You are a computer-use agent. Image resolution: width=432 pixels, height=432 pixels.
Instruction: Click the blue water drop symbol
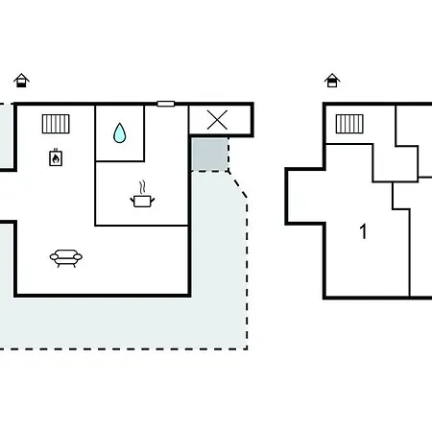[x=120, y=132]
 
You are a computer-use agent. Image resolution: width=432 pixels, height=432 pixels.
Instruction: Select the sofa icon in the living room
[x=66, y=258]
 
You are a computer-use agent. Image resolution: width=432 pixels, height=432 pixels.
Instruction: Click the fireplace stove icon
[x=56, y=157]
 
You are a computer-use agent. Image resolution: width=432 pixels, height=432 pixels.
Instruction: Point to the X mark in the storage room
[x=217, y=120]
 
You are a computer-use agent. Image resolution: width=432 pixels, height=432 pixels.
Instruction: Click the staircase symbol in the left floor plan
[x=56, y=124]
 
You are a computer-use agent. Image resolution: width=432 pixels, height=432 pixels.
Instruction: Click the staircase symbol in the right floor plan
[x=349, y=124]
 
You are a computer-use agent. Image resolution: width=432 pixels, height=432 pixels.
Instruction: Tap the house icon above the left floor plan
[x=21, y=81]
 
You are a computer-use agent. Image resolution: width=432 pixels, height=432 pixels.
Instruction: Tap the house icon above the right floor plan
[x=332, y=81]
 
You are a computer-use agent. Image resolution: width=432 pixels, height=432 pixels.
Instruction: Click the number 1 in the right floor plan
[x=363, y=231]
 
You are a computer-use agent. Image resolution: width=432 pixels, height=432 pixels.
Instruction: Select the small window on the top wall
[x=166, y=104]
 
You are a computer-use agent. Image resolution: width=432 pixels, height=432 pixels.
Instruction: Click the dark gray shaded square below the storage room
[x=210, y=155]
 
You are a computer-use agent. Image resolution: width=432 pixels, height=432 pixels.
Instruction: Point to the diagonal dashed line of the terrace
[x=238, y=185]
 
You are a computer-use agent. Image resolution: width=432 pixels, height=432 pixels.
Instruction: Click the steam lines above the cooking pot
[x=142, y=187]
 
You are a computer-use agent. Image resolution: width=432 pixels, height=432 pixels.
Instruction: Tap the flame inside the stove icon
[x=56, y=158]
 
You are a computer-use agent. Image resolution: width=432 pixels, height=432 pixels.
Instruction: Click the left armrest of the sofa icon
[x=54, y=256]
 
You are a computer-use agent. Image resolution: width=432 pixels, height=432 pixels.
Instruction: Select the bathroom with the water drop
[x=120, y=133]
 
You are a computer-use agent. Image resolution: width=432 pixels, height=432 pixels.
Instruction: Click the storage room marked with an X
[x=220, y=120]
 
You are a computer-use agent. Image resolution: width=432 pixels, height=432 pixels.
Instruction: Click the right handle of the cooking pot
[x=153, y=201]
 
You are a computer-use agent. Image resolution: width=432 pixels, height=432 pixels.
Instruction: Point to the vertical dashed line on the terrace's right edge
[x=247, y=274]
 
